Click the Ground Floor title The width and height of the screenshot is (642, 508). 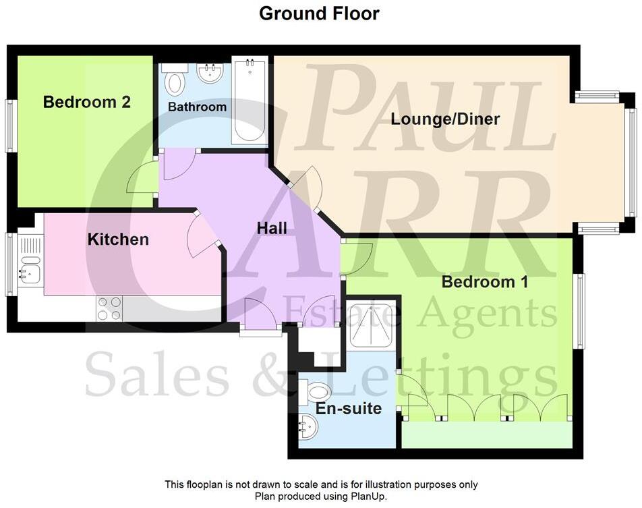point(319,13)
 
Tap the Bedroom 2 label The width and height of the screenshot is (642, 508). point(86,103)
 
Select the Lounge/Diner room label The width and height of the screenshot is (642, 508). point(445,119)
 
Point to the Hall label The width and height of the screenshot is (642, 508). point(272,229)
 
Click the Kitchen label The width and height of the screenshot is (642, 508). point(118,239)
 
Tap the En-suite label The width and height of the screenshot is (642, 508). point(349,409)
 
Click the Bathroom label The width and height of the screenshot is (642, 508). point(197,107)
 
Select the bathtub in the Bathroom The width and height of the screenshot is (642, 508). point(249,101)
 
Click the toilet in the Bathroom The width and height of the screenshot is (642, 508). point(175,81)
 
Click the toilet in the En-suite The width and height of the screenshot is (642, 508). point(318,391)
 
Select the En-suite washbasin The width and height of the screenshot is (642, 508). point(307,426)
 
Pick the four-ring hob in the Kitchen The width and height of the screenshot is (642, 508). point(109,309)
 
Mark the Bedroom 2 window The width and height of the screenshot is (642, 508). point(10,126)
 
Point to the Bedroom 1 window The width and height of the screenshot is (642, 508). point(579,311)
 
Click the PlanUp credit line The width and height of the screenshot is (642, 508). point(321,496)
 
